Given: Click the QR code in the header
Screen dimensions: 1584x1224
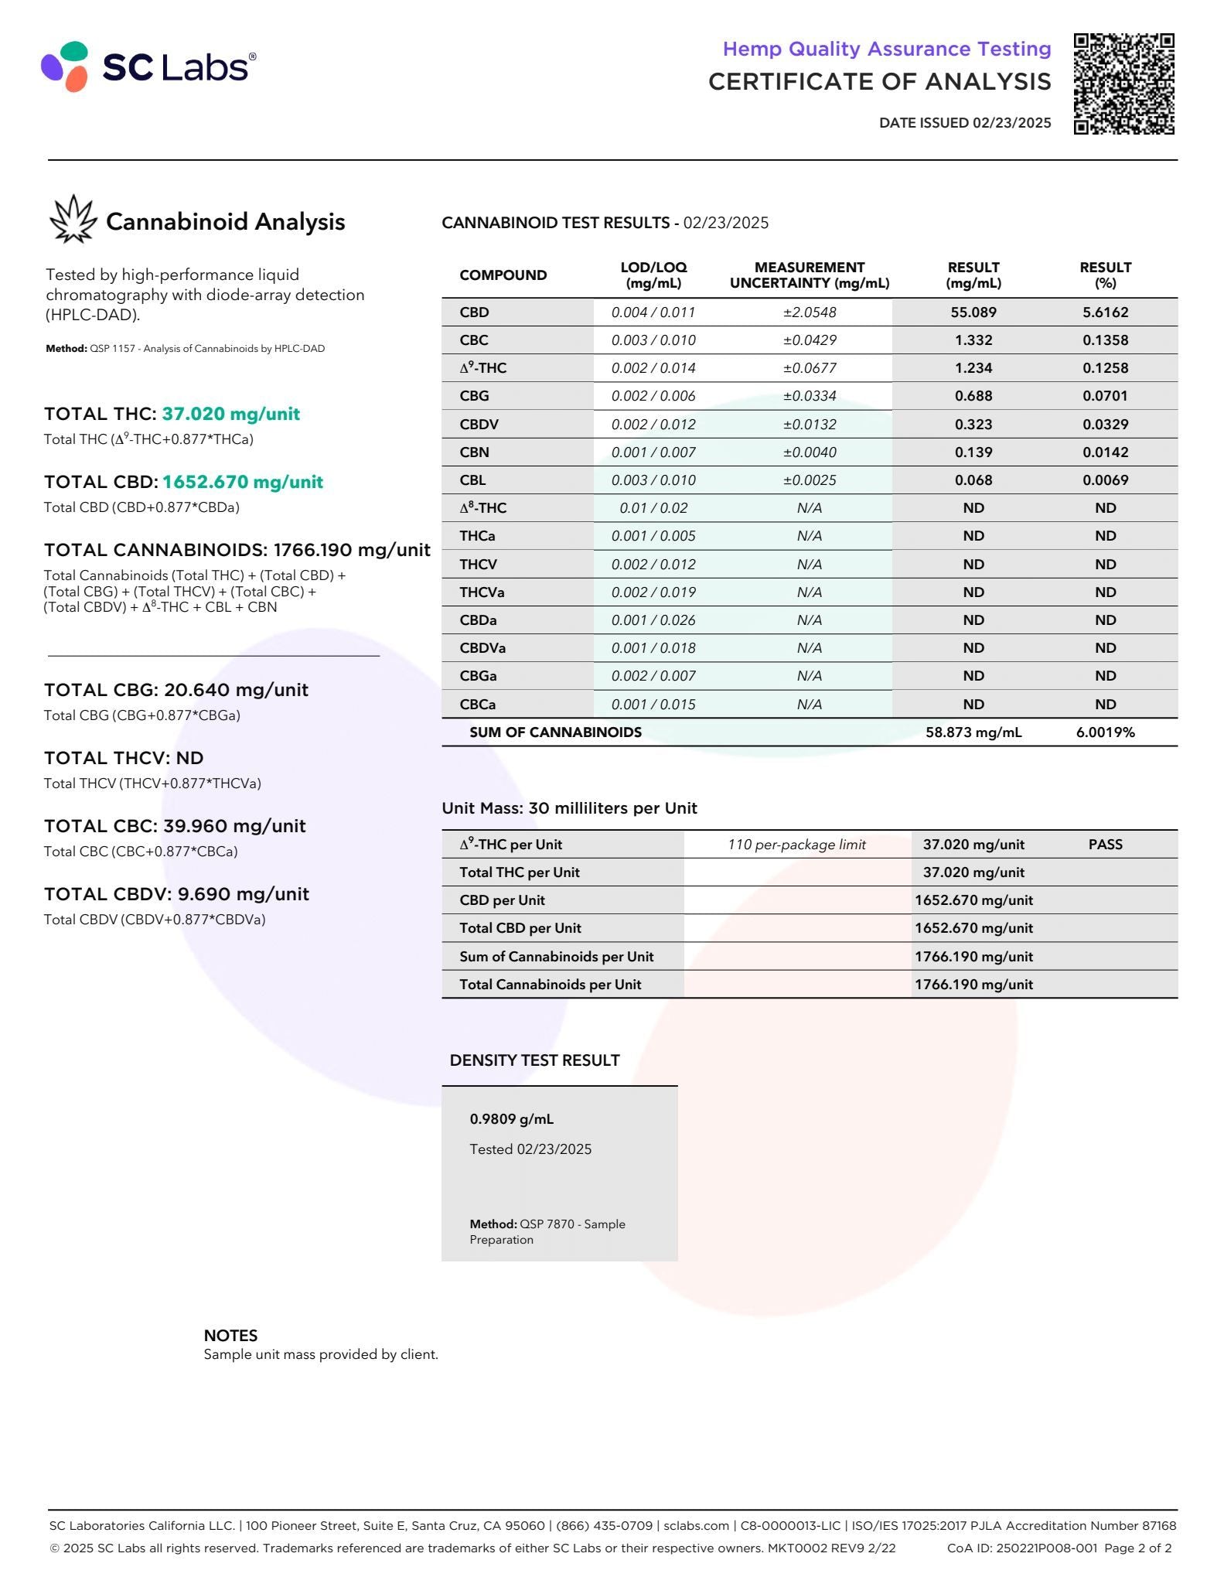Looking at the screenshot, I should [1123, 84].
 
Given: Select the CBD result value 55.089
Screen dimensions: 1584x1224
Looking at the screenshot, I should [973, 312].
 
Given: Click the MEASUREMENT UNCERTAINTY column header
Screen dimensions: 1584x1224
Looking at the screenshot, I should [809, 275].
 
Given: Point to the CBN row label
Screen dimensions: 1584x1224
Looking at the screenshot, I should [474, 452].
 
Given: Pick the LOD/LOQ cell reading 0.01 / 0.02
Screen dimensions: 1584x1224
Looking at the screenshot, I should [653, 508].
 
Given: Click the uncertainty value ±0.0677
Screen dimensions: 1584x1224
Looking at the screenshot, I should [809, 368].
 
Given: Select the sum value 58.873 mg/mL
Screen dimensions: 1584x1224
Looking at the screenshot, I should [973, 732].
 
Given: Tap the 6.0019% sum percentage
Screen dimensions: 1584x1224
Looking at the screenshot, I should [1105, 732].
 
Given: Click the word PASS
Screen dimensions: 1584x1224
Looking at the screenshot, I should [1105, 845].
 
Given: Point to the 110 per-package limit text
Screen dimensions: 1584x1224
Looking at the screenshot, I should [796, 845].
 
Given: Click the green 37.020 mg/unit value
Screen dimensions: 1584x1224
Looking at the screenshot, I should [230, 414].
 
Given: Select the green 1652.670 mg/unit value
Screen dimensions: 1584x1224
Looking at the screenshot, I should [242, 482].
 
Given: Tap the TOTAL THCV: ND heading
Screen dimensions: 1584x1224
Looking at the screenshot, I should [124, 758].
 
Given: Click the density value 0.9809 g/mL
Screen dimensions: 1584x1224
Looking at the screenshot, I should [511, 1119].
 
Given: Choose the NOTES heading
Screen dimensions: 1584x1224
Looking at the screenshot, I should [230, 1336].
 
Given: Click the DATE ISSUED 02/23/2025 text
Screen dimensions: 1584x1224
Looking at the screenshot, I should [964, 123].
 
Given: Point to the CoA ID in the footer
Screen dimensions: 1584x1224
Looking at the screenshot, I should [1021, 1548].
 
